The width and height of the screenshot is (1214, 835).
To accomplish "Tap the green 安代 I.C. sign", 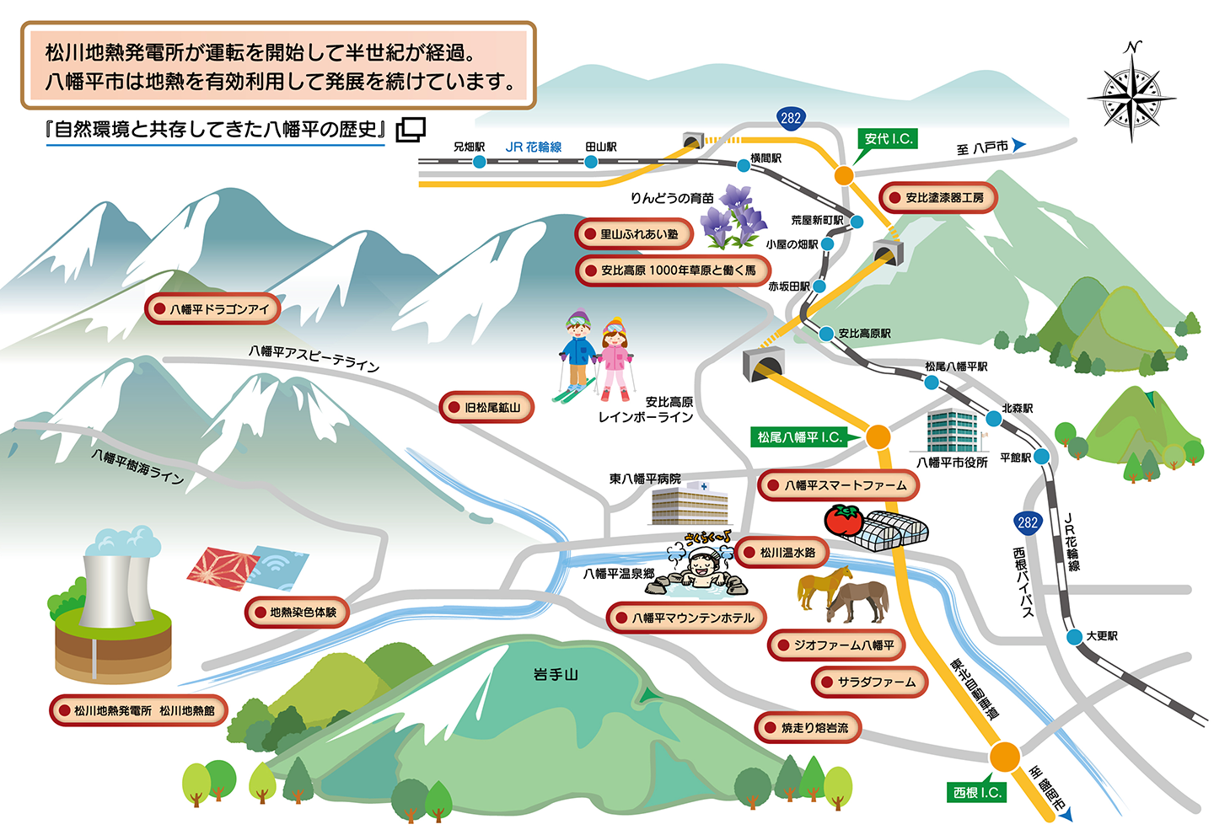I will [888, 139].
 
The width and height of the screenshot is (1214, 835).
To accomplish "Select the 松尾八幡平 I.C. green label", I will [799, 437].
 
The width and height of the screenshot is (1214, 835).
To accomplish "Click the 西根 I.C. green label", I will [977, 793].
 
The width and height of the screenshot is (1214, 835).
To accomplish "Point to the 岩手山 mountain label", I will [556, 674].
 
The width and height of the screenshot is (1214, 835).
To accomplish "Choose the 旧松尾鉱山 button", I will [486, 408].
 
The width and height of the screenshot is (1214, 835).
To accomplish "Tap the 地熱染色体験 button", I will [296, 613].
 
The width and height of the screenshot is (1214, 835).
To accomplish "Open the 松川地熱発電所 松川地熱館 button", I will [138, 711].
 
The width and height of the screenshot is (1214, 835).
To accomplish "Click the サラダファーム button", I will [869, 682].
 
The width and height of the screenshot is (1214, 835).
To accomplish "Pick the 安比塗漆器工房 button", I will [937, 198].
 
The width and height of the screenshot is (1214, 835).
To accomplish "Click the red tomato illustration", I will [843, 520].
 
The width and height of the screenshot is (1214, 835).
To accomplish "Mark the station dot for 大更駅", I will [1074, 637].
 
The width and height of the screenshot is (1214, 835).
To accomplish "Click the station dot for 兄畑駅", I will [479, 161].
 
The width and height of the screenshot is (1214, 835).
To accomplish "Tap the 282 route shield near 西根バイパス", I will [1028, 522].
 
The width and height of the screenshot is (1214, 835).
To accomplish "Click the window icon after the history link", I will [411, 129].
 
